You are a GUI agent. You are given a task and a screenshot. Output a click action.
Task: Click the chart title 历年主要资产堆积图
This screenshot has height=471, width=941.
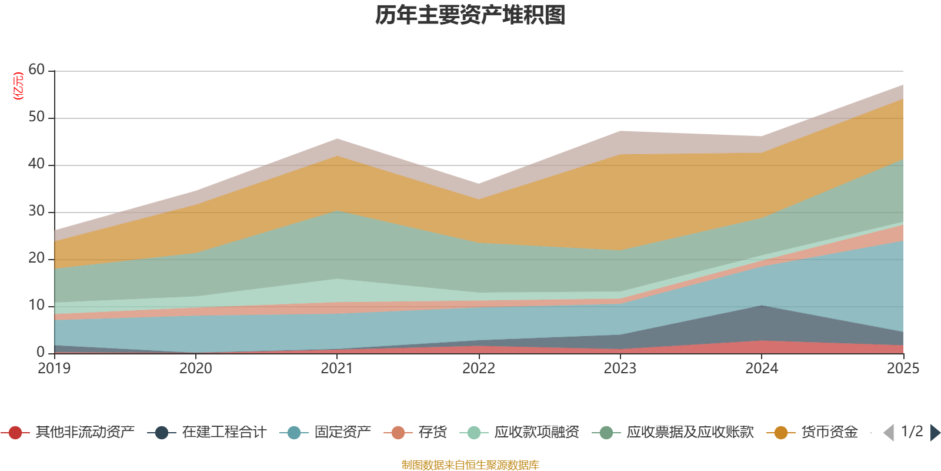pos(470,15)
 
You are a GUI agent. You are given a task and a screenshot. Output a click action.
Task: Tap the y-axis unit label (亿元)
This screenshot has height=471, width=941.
pos(18,86)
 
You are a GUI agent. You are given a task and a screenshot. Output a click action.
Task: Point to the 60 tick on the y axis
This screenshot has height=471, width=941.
pos(36,70)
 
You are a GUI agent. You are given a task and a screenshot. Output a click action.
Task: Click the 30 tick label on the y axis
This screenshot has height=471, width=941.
pos(36,211)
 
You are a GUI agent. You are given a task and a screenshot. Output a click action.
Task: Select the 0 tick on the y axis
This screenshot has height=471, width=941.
pos(41,352)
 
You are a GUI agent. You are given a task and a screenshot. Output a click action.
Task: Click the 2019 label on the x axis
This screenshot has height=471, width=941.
pos(54,369)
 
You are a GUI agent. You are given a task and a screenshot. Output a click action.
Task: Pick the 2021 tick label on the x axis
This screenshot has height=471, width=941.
pos(337,369)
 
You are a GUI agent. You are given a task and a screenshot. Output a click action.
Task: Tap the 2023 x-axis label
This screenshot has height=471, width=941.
pos(620,369)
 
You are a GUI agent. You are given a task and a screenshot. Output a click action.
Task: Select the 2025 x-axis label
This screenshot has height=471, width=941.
pos(903,369)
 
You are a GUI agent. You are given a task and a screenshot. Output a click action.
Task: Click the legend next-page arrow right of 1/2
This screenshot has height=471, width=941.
pos(935,433)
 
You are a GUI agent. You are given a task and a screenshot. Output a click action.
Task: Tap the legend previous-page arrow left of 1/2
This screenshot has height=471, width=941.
pos(889,433)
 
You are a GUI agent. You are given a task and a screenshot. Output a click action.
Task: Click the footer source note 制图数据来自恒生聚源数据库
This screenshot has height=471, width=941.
pos(470,465)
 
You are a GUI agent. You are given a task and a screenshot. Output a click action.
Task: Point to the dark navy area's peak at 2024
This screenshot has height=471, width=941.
pos(762,307)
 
